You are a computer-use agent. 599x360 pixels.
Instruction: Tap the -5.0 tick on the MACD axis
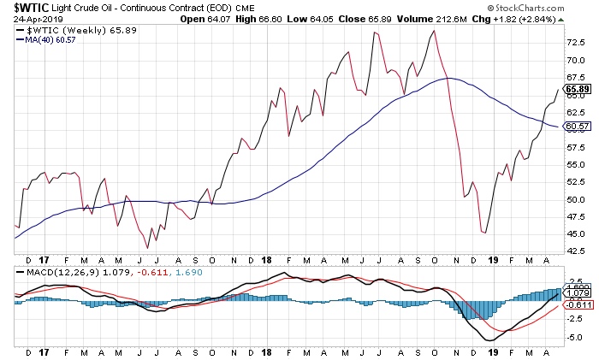575,337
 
